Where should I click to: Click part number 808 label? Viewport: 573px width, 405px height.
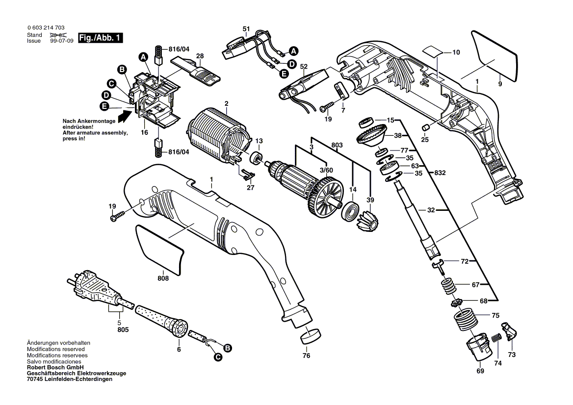click(163, 278)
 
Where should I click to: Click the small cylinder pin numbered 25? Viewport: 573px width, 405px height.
click(425, 127)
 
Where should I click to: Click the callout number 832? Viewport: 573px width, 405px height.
click(440, 173)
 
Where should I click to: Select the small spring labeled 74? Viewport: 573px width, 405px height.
click(495, 338)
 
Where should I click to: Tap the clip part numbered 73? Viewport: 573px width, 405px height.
click(509, 331)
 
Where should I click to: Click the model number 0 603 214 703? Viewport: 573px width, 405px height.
click(46, 28)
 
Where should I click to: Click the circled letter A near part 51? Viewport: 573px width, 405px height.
click(293, 51)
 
